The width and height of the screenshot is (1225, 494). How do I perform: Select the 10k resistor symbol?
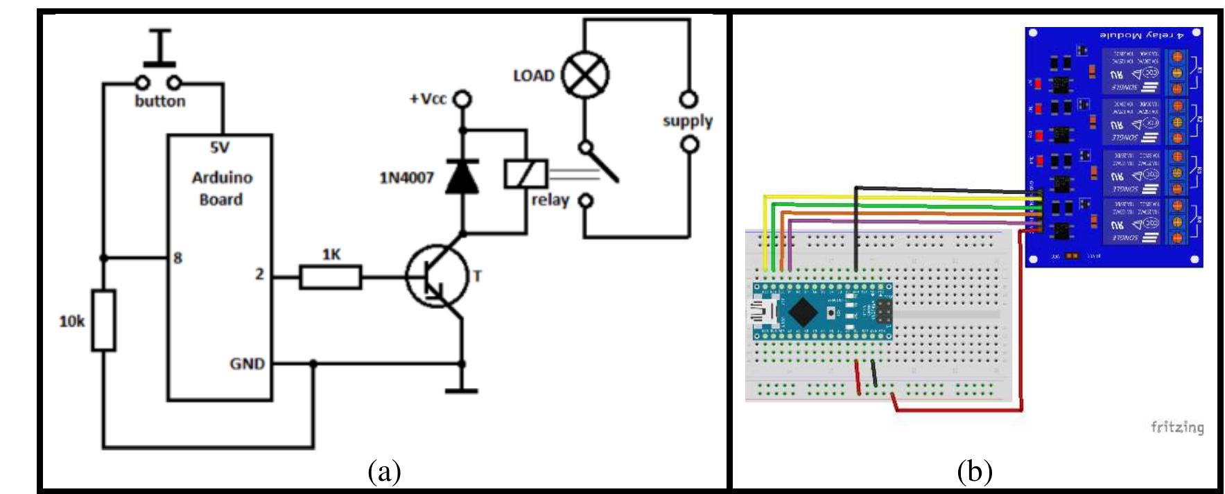coord(104,321)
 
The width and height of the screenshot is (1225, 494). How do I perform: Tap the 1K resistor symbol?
coord(331,278)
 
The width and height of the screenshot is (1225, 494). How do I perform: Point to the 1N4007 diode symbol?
coord(462,177)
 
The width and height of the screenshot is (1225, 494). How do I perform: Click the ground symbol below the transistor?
coord(462,390)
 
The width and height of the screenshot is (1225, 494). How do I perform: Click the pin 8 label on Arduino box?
coord(177,258)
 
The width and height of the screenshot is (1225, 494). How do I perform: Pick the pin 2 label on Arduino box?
coord(259,274)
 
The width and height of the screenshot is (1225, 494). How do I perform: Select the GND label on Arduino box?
coord(247,363)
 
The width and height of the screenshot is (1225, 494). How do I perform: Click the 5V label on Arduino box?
coord(220,148)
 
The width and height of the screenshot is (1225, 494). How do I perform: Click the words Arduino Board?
coord(221,188)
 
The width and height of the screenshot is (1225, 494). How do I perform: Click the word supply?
coord(687,121)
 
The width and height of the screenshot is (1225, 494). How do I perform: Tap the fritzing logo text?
coord(1176,427)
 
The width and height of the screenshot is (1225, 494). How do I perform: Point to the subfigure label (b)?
coord(974,473)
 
